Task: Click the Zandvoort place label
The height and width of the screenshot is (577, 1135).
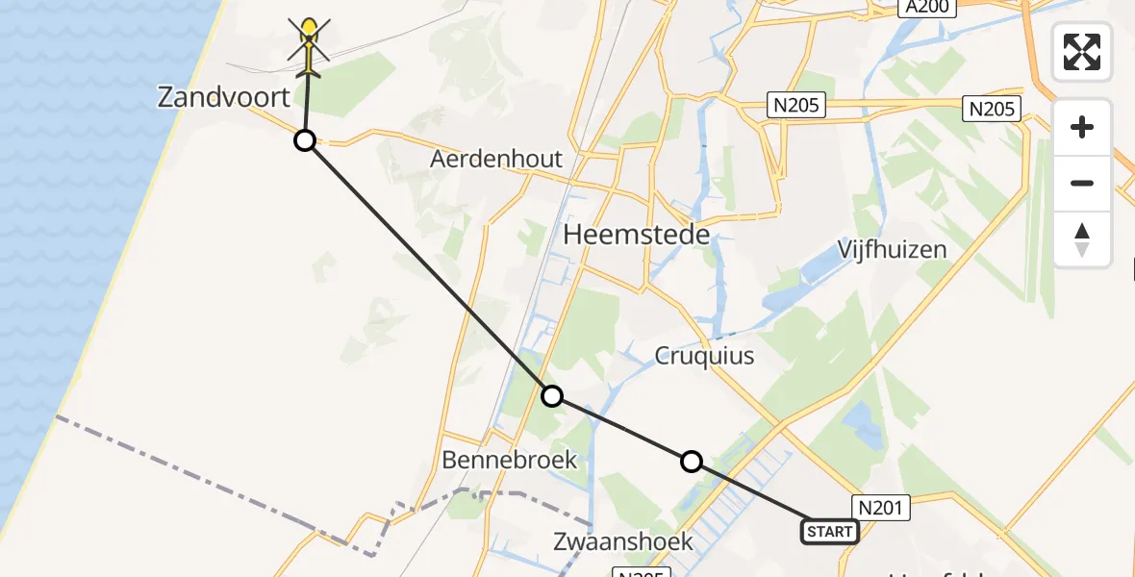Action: pyautogui.click(x=223, y=97)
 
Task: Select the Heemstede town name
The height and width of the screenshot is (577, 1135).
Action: pyautogui.click(x=636, y=235)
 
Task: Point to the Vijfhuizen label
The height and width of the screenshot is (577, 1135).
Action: pyautogui.click(x=892, y=250)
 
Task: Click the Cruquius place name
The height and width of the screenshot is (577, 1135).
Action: pyautogui.click(x=704, y=356)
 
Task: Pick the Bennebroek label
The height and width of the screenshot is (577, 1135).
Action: pyautogui.click(x=509, y=460)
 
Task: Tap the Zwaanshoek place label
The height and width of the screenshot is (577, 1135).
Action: pyautogui.click(x=623, y=541)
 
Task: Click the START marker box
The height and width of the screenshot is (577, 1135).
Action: pyautogui.click(x=829, y=531)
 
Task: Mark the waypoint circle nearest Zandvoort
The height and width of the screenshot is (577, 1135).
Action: pyautogui.click(x=304, y=141)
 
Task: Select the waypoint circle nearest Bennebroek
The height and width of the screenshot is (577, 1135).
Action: pyautogui.click(x=551, y=396)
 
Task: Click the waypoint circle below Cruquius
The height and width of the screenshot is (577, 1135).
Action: pyautogui.click(x=692, y=463)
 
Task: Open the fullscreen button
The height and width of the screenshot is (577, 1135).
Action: pyautogui.click(x=1082, y=51)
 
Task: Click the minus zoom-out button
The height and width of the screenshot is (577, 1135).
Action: pyautogui.click(x=1082, y=183)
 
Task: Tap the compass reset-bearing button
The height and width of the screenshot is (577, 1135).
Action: pyautogui.click(x=1082, y=238)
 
